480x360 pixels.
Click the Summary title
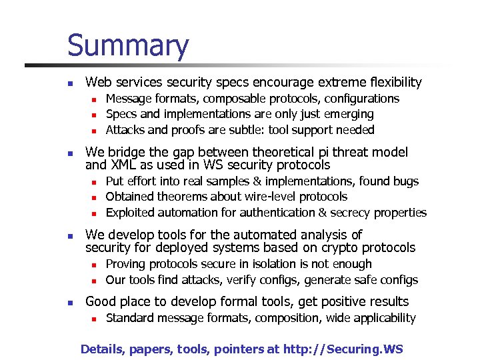coord(128,45)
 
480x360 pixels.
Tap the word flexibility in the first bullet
coord(391,83)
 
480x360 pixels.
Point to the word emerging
coord(351,114)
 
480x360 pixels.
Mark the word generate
coord(327,280)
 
